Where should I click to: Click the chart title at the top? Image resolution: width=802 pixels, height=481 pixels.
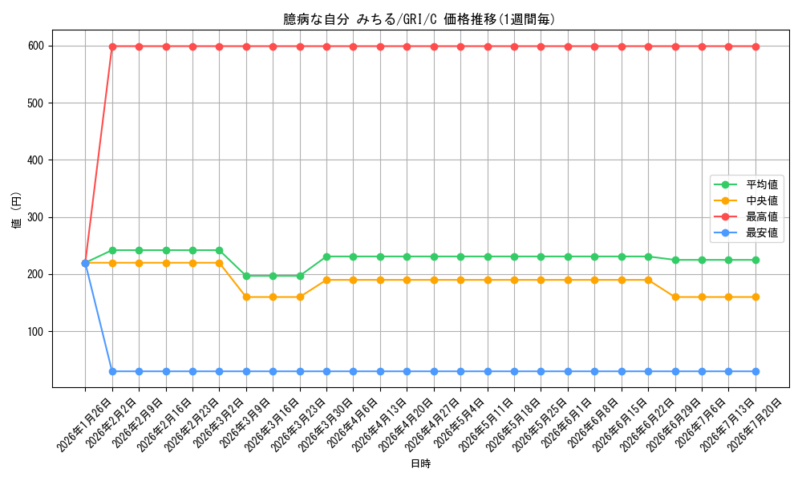419,19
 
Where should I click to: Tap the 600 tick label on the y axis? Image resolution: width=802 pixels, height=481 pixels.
36,46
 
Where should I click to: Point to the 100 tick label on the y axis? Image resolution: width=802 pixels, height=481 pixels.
36,332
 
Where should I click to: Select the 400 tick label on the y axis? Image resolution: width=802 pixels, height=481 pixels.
36,160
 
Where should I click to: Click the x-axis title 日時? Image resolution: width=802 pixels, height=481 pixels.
421,463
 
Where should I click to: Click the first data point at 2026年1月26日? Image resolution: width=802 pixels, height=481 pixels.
86,263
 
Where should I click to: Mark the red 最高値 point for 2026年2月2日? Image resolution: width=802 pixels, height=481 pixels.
112,46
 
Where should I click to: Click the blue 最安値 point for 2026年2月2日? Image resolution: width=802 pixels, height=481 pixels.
112,372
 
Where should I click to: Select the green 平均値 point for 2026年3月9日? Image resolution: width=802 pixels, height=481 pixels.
246,276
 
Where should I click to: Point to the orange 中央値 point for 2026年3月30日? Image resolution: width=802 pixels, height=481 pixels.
327,280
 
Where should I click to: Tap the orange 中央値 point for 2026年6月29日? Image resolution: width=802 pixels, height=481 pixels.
675,297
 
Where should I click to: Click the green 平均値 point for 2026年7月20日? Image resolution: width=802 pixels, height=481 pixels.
756,261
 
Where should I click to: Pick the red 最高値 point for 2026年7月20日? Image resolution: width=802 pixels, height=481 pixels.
756,46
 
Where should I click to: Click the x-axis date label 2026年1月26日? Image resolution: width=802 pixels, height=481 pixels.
73,423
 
